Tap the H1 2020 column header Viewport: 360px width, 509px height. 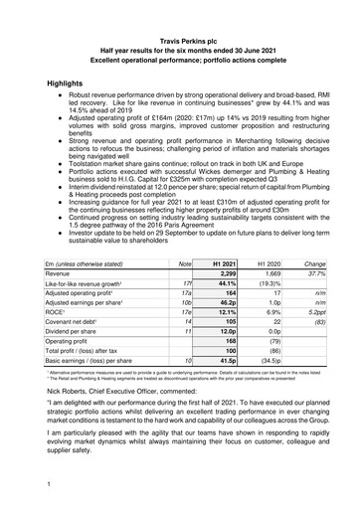click(270, 262)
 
